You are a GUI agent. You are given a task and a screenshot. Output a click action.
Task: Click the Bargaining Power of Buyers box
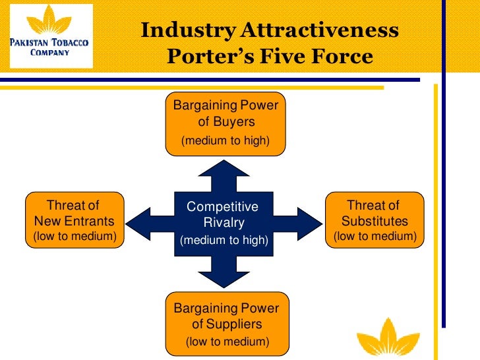pos(225,123)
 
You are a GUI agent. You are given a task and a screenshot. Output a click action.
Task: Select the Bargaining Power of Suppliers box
pos(226,324)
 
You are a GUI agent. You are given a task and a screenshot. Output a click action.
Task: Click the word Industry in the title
pos(188,30)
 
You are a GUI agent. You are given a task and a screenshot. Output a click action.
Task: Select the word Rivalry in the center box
pos(224,222)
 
